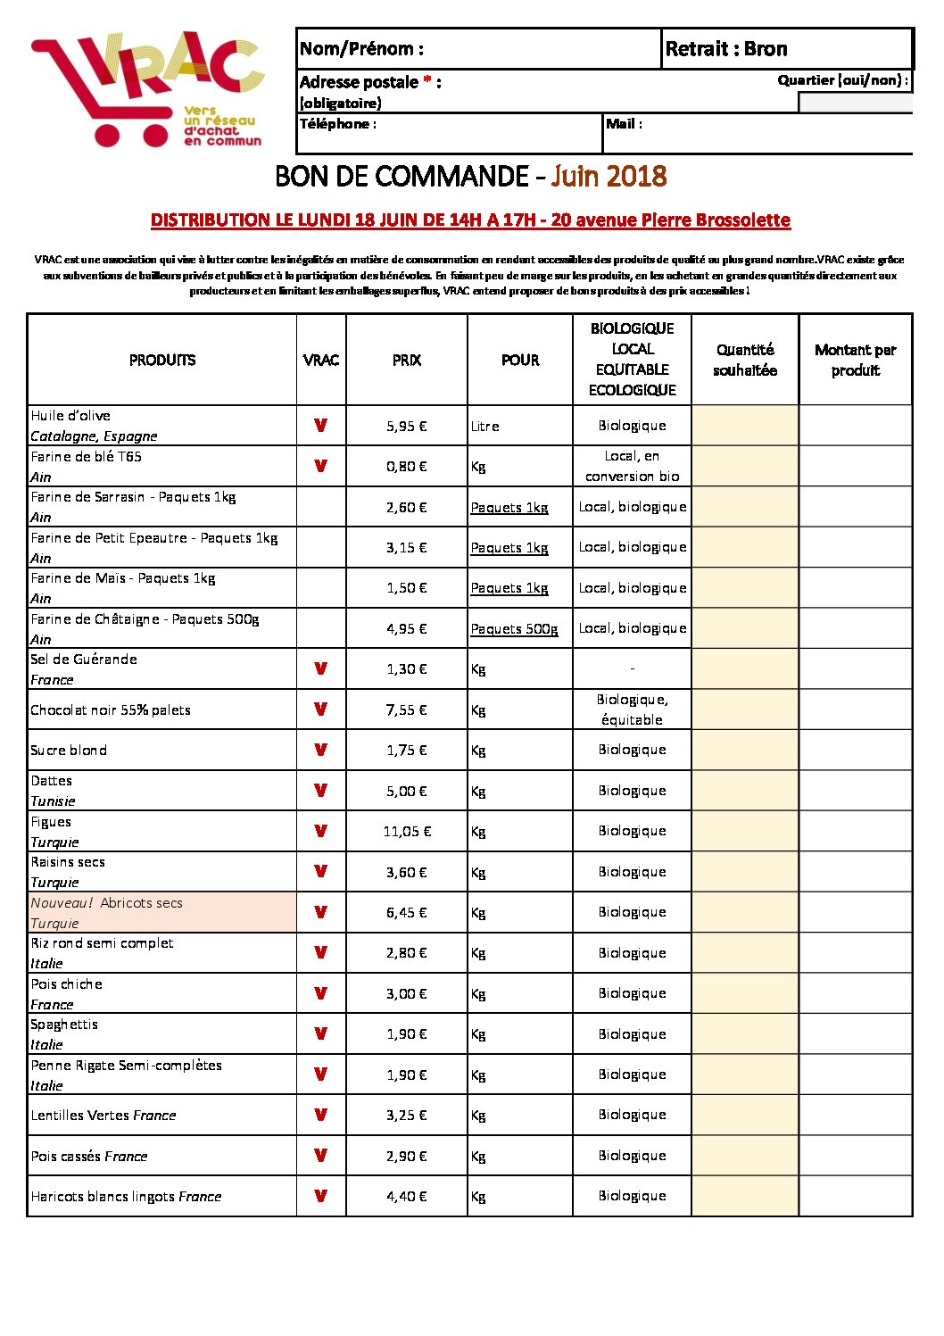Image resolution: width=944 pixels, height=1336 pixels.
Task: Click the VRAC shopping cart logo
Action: [x=147, y=89]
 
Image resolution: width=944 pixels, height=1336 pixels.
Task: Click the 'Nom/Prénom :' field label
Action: [x=361, y=49]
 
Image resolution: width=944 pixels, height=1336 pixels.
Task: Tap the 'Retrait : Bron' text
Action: [x=726, y=49]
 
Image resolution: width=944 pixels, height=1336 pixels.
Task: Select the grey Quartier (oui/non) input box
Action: [x=855, y=103]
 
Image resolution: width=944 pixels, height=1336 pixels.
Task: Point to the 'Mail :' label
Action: [x=624, y=124]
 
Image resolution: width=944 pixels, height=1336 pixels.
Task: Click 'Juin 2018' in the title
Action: [x=609, y=176]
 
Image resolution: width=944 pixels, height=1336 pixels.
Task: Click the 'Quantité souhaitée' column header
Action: [x=745, y=360]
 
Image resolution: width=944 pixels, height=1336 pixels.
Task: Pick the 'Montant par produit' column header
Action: [x=855, y=360]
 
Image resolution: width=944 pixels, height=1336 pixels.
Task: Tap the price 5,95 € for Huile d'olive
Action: [x=407, y=427]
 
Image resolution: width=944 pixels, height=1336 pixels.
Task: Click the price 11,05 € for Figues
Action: [x=407, y=832]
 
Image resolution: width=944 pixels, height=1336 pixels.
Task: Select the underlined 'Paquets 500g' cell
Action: [x=514, y=629]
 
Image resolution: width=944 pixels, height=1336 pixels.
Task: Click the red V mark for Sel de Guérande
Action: [x=321, y=668]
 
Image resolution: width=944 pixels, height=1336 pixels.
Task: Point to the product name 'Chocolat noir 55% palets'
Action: [x=111, y=710]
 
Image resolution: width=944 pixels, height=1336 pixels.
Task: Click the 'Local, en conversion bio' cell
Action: [x=632, y=466]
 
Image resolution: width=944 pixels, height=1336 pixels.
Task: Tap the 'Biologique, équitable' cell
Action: [x=632, y=709]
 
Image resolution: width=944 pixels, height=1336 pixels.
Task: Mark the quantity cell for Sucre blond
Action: [x=745, y=750]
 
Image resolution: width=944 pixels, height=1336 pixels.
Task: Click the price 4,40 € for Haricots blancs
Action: [x=407, y=1197]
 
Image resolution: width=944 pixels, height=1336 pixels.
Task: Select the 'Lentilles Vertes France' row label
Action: [x=104, y=1116]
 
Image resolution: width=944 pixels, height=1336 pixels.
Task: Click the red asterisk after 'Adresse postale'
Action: [x=427, y=81]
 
